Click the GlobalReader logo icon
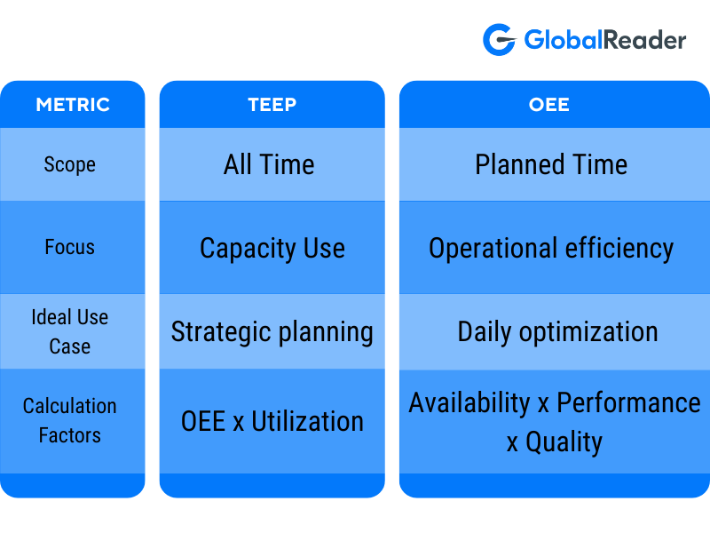tap(499, 40)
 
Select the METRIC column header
tap(72, 105)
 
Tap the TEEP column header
tap(272, 105)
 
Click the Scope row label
tap(70, 164)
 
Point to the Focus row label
tap(70, 247)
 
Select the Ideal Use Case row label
tap(70, 331)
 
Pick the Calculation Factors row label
tap(70, 420)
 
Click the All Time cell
tap(269, 164)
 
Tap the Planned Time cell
tap(551, 164)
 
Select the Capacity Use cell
tap(272, 248)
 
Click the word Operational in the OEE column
tap(486, 249)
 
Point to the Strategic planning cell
tap(272, 332)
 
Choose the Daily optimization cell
tap(557, 332)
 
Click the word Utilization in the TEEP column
tap(307, 421)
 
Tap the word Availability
tap(469, 402)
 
